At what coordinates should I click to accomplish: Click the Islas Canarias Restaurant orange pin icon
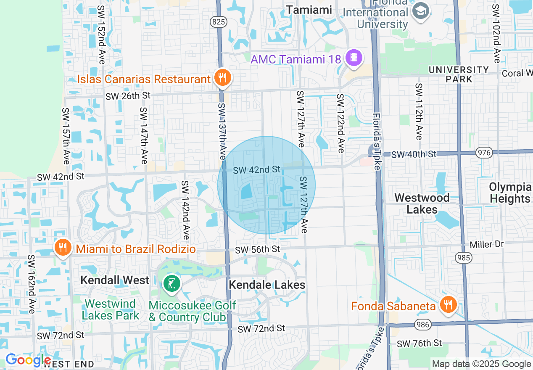(222, 78)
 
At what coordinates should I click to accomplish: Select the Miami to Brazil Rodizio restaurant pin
(63, 248)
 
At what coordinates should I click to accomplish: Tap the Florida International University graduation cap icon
(420, 11)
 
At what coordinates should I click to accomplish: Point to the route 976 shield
(484, 152)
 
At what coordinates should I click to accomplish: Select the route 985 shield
(464, 256)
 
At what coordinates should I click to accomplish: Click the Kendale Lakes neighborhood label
(267, 285)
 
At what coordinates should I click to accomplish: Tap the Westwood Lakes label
(422, 203)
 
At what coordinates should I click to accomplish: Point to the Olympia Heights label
(510, 193)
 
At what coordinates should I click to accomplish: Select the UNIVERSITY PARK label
(459, 74)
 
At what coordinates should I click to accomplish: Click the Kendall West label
(115, 280)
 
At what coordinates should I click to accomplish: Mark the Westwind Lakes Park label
(110, 309)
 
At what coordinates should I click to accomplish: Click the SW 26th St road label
(128, 96)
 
